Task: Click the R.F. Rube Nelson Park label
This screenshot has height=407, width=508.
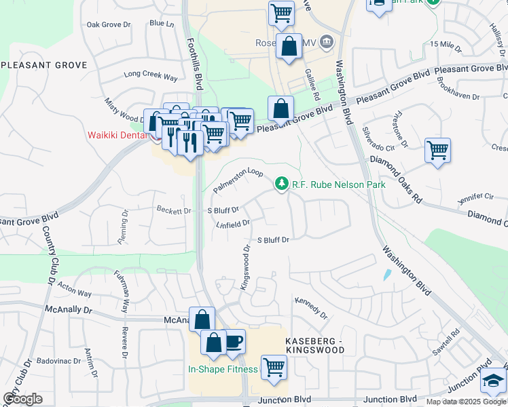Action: coord(338,185)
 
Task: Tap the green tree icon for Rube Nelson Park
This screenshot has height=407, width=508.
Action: coord(281,184)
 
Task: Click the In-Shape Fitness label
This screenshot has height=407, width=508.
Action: coord(223,369)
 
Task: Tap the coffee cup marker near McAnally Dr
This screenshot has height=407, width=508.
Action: coord(234,341)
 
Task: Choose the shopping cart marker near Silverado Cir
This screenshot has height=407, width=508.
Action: coord(437,151)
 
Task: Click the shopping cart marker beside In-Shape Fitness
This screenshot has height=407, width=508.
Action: coord(274,368)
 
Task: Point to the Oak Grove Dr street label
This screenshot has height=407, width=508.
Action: coord(108,25)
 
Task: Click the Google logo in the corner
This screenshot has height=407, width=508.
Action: coord(23,399)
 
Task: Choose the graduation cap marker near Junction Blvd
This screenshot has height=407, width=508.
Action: coord(494,382)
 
